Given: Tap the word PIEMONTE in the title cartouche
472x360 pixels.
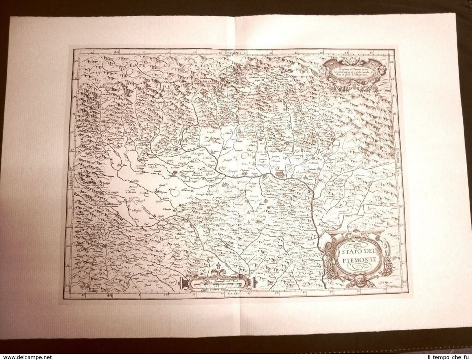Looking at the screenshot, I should point(353,260).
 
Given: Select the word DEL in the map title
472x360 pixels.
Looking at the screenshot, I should point(367,252).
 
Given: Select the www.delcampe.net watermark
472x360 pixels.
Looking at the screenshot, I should point(26,357).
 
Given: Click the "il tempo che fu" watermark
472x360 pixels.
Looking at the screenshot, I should point(445,356).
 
